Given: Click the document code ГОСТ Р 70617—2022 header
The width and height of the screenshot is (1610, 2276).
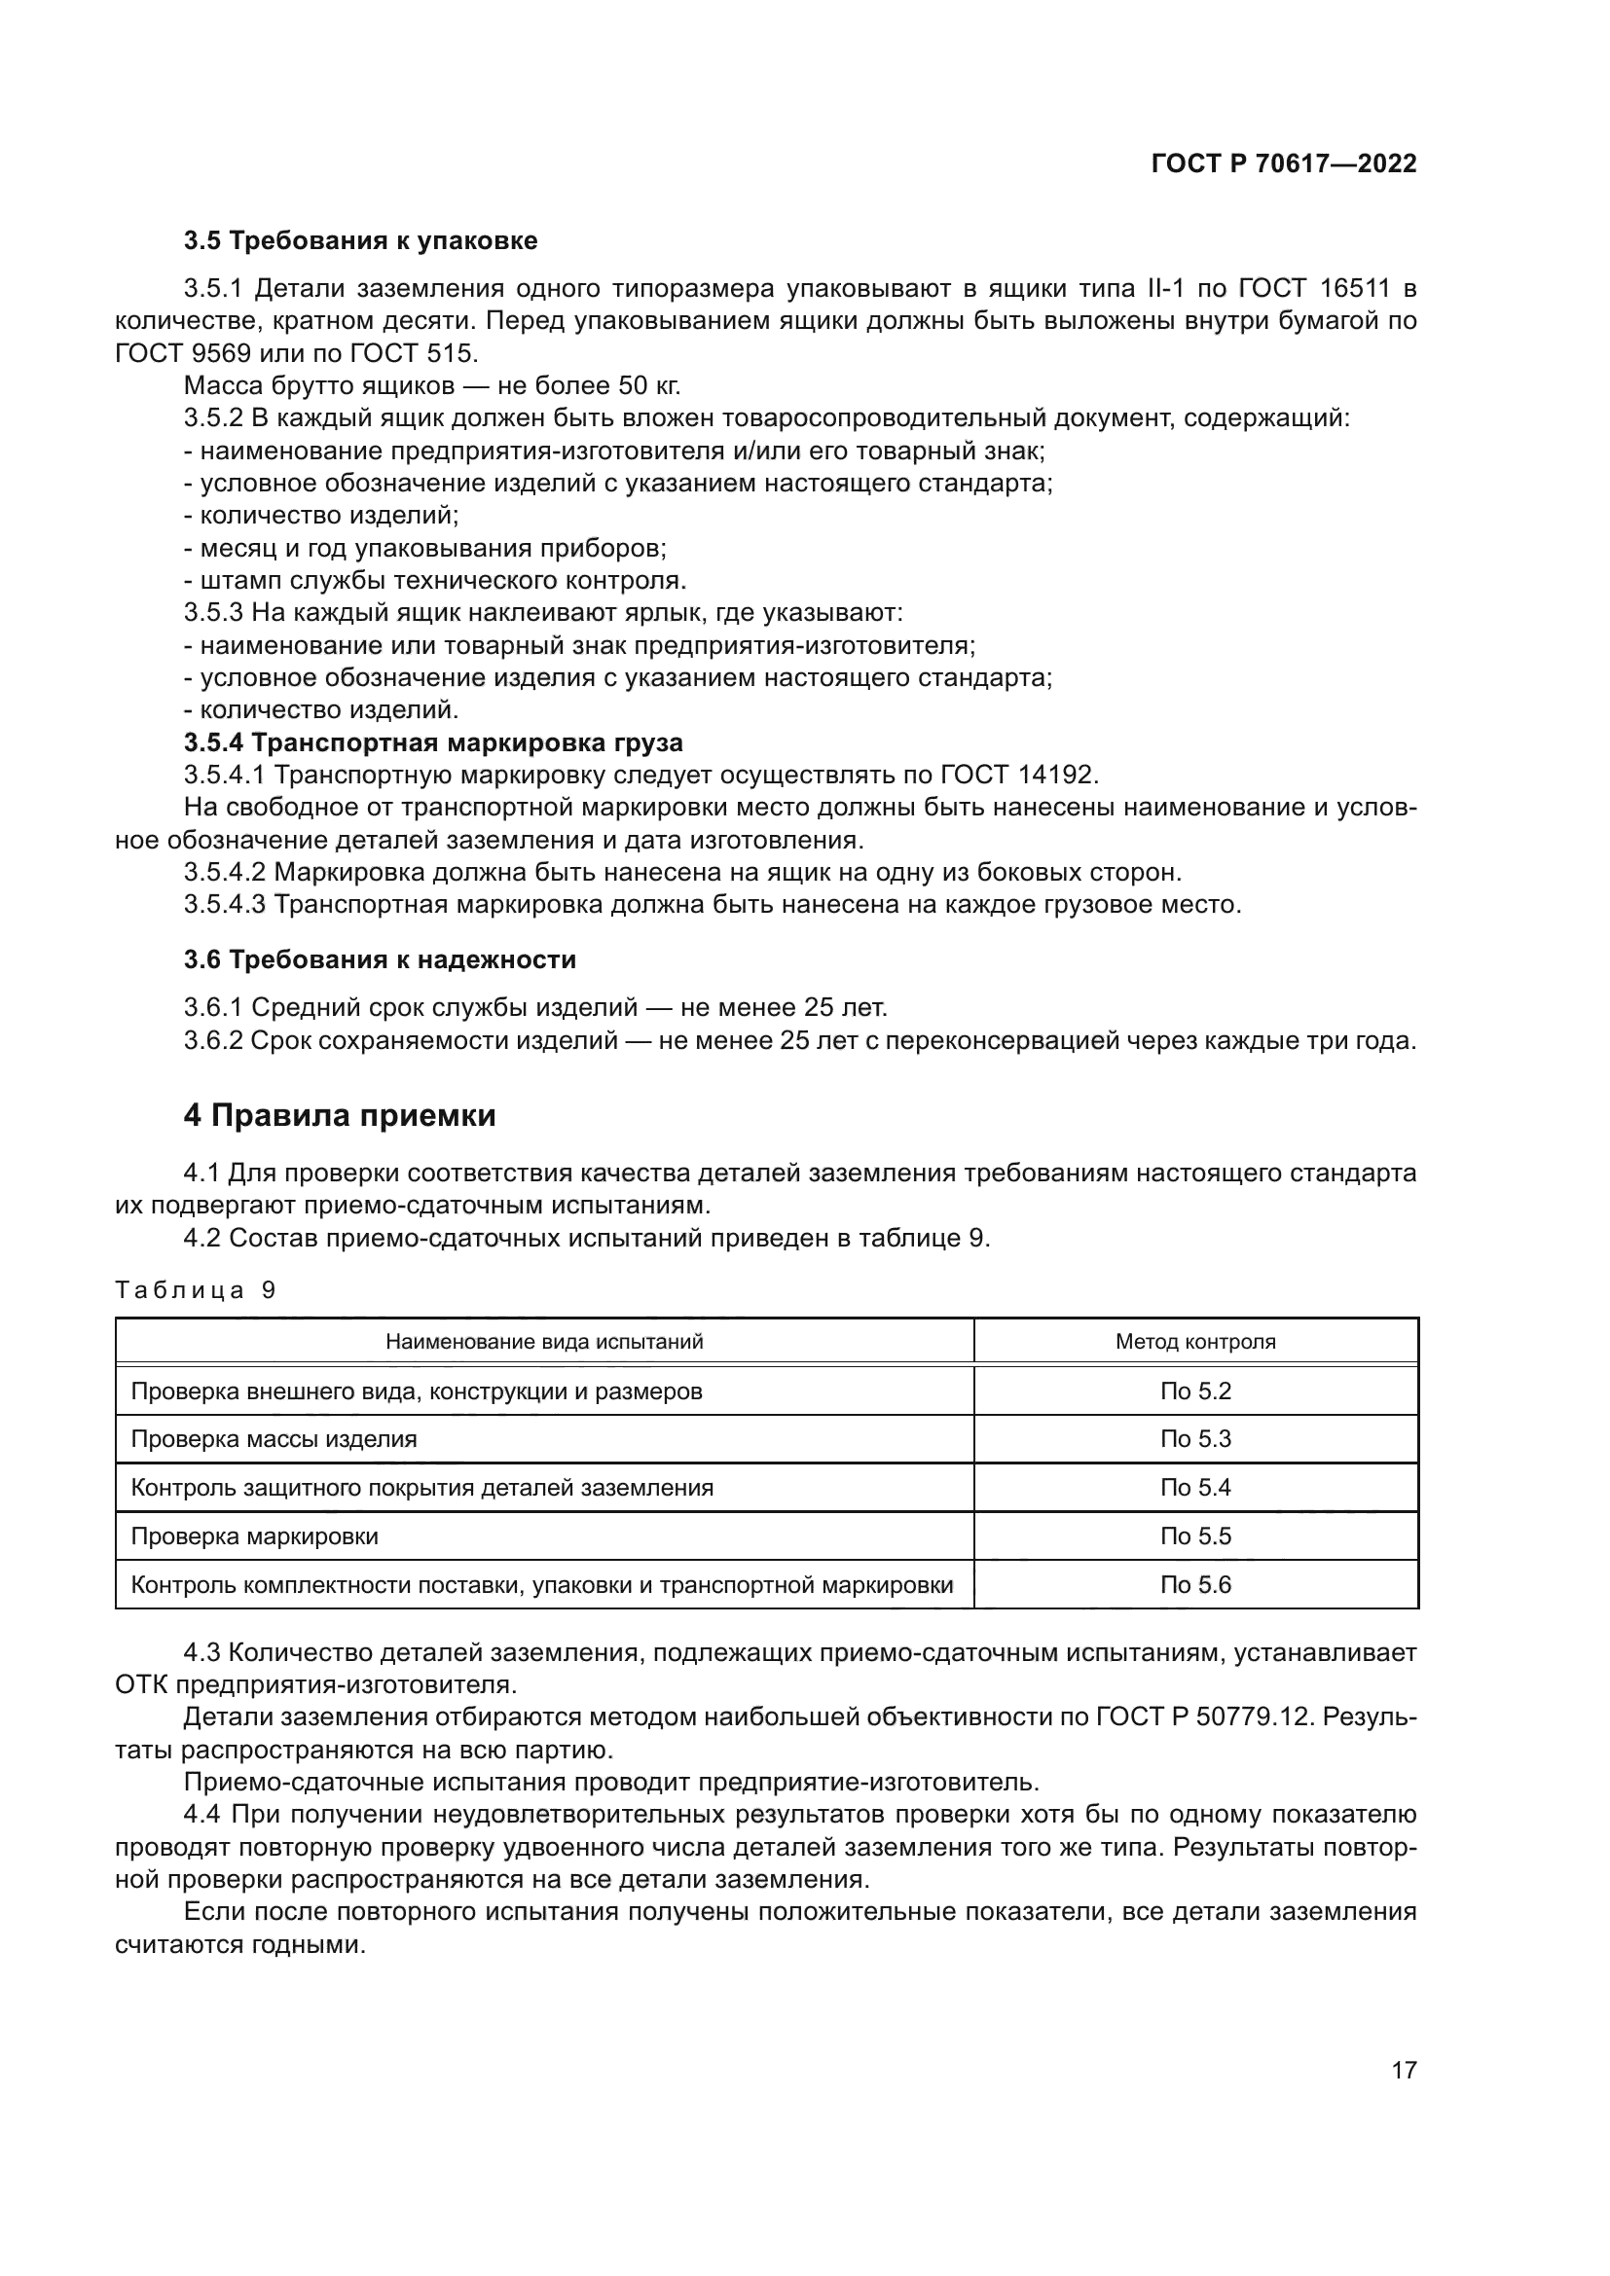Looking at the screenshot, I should [1283, 163].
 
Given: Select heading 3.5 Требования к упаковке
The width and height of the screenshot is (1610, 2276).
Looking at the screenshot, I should [361, 241].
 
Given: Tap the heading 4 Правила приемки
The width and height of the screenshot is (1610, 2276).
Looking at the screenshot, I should [339, 1115].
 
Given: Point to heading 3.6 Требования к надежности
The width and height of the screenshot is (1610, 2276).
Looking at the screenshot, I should [380, 959].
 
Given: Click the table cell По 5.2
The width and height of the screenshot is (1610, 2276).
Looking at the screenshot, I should [1195, 1391].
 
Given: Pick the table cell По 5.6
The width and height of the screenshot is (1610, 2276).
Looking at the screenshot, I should [1195, 1584].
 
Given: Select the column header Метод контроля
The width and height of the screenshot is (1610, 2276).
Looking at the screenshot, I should [1195, 1341].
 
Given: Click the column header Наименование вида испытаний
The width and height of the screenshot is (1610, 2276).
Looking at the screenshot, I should [544, 1341].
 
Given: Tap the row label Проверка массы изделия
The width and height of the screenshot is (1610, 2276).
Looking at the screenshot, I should [274, 1438].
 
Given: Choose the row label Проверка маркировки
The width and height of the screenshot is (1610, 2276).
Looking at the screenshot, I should [255, 1535].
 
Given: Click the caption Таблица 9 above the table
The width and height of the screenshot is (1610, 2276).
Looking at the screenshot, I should [196, 1289].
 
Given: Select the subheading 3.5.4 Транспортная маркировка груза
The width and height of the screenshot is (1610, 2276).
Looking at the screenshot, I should [433, 742].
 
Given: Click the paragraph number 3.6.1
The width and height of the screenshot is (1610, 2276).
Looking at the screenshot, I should [213, 1008].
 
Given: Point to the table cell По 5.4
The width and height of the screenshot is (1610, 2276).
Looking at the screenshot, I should [1195, 1487].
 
